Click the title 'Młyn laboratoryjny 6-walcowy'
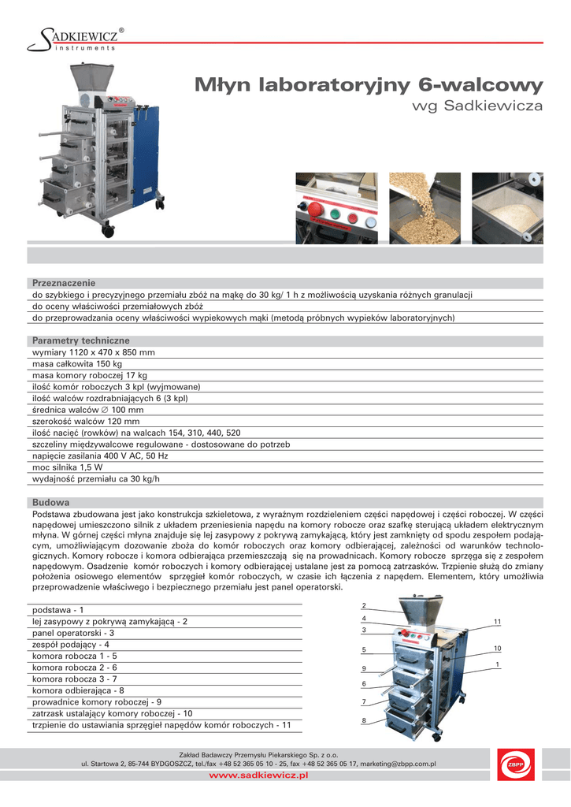click(369, 85)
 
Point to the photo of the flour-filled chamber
click(507, 208)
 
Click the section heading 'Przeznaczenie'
click(63, 282)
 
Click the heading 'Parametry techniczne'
click(75, 340)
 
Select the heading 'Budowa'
click(50, 502)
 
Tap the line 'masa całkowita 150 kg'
click(77, 364)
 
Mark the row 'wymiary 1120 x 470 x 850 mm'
click(93, 352)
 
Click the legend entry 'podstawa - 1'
click(57, 610)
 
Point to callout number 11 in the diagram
click(498, 623)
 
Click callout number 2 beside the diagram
click(364, 605)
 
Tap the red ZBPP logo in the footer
click(517, 767)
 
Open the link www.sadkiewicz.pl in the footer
click(258, 776)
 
